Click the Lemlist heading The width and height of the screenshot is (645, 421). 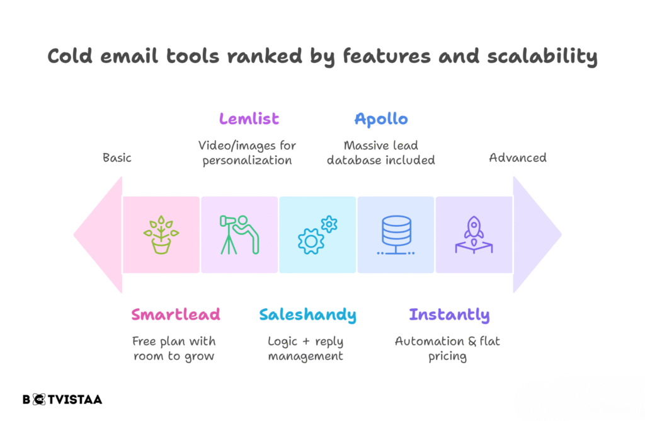[249, 119]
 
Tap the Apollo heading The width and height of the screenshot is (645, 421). [381, 119]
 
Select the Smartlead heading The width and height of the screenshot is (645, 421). [176, 314]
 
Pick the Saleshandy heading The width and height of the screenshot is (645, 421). [307, 315]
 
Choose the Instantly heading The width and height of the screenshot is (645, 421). [449, 315]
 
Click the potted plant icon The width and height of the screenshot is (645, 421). [161, 235]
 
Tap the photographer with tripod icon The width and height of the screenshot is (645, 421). [239, 234]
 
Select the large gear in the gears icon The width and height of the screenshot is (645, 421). [310, 241]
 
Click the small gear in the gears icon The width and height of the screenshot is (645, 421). [329, 224]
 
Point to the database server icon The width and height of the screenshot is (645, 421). [396, 234]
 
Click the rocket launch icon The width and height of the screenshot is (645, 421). [474, 234]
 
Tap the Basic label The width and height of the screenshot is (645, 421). [117, 158]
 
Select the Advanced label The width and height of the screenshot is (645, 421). [518, 158]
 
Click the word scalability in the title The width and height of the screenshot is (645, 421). [542, 56]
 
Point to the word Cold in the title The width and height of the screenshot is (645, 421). [70, 55]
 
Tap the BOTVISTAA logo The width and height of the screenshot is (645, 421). [62, 400]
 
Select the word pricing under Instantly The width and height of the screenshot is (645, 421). [448, 356]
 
